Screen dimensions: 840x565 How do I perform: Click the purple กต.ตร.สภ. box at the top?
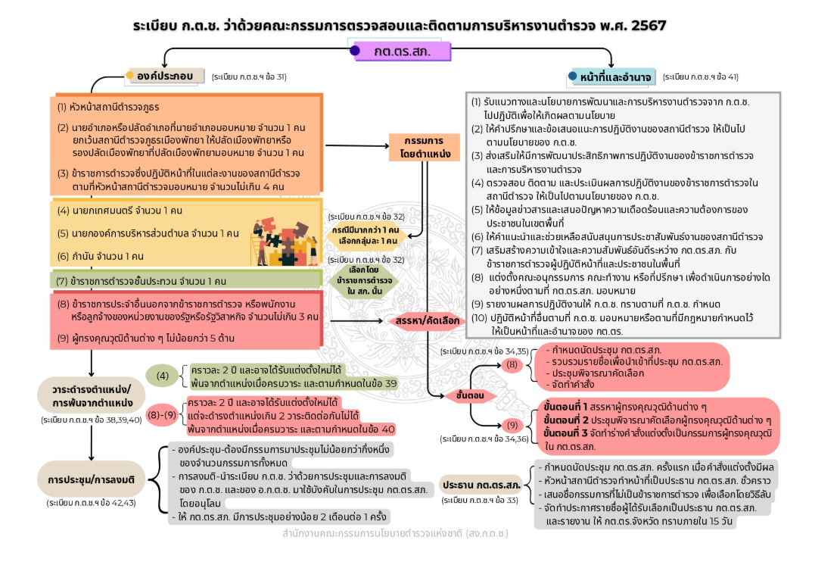pos(403,52)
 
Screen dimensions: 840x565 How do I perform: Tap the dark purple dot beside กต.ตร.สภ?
pos(355,51)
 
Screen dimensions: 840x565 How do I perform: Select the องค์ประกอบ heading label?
pos(166,76)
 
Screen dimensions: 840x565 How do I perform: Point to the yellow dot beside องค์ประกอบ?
pos(129,75)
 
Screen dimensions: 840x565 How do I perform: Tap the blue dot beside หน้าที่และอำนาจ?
pos(573,76)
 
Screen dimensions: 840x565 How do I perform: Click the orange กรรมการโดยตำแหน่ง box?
pos(425,148)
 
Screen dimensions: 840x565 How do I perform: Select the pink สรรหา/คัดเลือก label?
pos(427,321)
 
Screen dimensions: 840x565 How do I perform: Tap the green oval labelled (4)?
pos(162,376)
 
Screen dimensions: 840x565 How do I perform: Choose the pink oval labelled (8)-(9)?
pos(162,415)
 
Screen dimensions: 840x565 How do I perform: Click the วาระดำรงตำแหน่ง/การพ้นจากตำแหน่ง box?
pos(91,395)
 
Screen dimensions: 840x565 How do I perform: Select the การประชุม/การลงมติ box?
pos(91,479)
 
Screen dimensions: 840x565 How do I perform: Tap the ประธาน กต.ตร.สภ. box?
pos(481,485)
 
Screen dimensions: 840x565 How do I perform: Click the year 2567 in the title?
pos(649,25)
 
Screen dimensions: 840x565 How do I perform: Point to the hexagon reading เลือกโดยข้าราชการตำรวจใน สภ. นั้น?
pos(364,280)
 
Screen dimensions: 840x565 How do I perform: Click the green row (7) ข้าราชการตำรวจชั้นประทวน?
pos(186,280)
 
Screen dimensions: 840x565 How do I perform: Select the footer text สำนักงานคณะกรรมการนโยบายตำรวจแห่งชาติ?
pos(395,533)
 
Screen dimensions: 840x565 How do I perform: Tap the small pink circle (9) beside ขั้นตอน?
pos(512,425)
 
